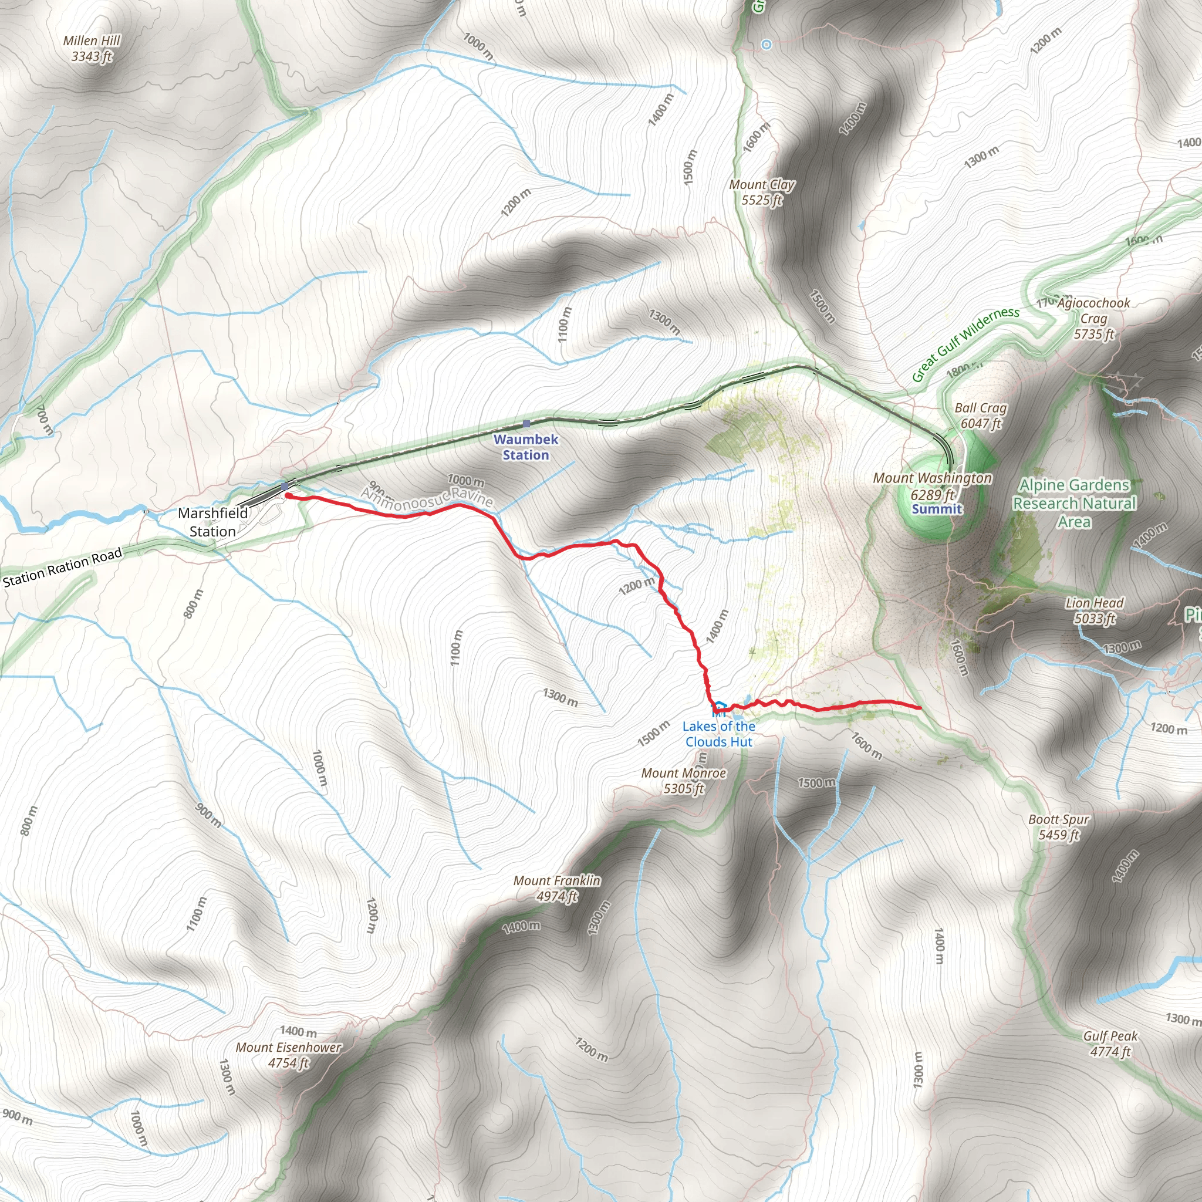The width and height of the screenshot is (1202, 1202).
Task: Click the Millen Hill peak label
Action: pyautogui.click(x=92, y=49)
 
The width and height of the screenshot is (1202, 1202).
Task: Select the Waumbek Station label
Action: pyautogui.click(x=526, y=447)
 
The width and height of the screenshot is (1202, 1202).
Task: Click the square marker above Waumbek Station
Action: pyautogui.click(x=526, y=424)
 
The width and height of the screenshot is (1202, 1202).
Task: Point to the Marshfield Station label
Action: pyautogui.click(x=213, y=522)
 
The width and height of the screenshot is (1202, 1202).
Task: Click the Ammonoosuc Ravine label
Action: pyautogui.click(x=427, y=498)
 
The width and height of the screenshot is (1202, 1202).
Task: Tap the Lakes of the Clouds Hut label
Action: pyautogui.click(x=718, y=734)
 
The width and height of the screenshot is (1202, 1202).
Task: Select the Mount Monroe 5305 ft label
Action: pyautogui.click(x=684, y=781)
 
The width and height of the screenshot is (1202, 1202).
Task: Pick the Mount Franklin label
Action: pyautogui.click(x=557, y=889)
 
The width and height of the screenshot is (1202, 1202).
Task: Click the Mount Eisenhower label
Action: pyautogui.click(x=289, y=1055)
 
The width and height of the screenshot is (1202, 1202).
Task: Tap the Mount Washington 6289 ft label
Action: pyautogui.click(x=932, y=486)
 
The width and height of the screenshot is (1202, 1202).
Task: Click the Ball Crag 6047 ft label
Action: pyautogui.click(x=981, y=416)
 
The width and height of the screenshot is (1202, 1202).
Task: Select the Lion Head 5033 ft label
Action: pyautogui.click(x=1095, y=610)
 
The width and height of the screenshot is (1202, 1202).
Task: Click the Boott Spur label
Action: pyautogui.click(x=1058, y=827)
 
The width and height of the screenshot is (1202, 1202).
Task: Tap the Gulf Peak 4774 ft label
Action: pyautogui.click(x=1110, y=1044)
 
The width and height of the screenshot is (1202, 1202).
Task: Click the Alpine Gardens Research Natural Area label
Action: pyautogui.click(x=1075, y=504)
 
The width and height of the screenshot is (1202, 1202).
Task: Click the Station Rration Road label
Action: pyautogui.click(x=62, y=568)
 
